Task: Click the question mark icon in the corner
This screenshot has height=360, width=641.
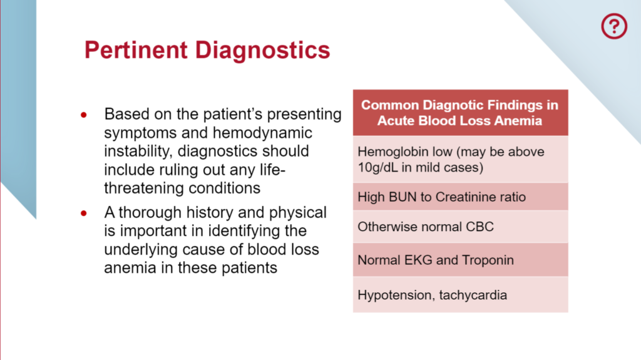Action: [613, 26]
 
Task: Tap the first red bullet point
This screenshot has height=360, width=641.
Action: [83, 116]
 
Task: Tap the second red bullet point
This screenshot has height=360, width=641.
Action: [83, 213]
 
